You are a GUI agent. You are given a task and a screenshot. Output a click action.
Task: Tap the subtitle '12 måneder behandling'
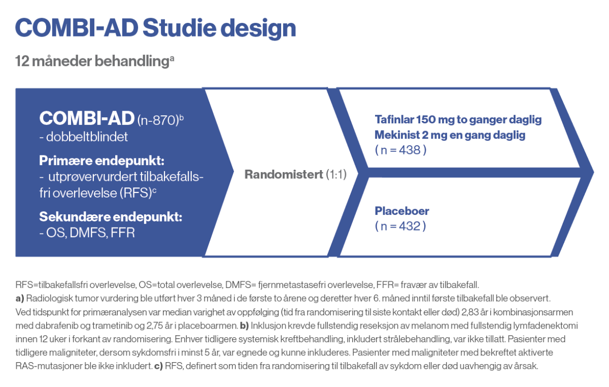[x=92, y=61]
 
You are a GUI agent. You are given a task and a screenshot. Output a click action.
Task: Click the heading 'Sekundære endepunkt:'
[x=111, y=217]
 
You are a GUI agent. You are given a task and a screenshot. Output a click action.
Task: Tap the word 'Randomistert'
[x=283, y=175]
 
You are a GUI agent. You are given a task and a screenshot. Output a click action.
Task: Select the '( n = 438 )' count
[x=400, y=150]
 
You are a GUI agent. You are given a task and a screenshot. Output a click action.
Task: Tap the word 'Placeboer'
[x=402, y=211]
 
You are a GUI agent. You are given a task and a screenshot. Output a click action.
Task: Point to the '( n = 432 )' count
[x=400, y=226]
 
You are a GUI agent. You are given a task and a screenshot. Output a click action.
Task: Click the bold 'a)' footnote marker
[x=20, y=297]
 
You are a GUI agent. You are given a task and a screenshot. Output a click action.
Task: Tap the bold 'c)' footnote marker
[x=158, y=365]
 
